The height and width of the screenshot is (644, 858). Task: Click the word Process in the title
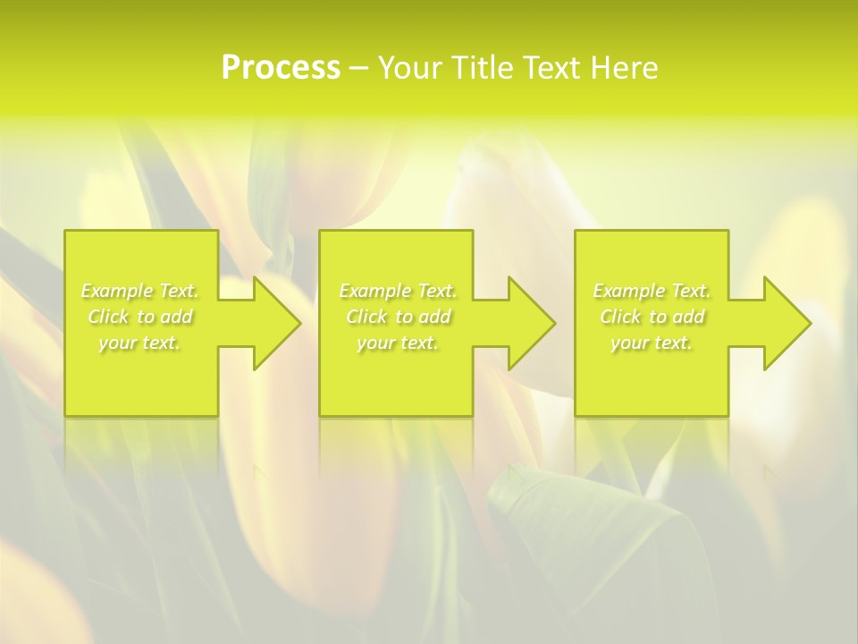tap(281, 68)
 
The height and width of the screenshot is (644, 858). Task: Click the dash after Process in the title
tap(359, 69)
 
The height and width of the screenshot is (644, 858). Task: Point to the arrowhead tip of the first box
tap(300, 323)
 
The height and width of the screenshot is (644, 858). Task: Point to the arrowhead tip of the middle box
tap(555, 323)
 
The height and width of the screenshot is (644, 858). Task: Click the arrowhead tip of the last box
tap(811, 323)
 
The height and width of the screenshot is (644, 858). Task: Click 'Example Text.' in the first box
tap(140, 291)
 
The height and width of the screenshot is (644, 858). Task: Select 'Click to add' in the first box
tap(140, 317)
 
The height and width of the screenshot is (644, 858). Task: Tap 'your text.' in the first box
tap(140, 343)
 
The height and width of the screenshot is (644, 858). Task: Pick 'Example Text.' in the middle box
tap(398, 291)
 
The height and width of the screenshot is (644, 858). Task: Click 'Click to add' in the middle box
tap(398, 317)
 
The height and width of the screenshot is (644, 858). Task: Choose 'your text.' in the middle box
tap(398, 343)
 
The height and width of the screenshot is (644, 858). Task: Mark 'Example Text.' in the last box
tap(652, 291)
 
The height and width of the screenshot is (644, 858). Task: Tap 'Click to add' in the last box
tap(652, 317)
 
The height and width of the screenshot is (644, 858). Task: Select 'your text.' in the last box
tap(652, 343)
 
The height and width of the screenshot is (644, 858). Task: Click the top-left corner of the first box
tap(65, 232)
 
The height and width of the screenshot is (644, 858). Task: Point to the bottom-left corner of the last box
tap(576, 415)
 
